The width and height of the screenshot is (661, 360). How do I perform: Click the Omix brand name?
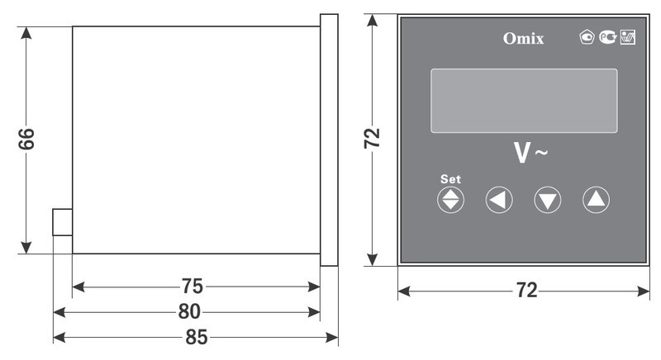pos(523,38)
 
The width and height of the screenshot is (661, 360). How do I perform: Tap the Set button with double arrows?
pos(450,200)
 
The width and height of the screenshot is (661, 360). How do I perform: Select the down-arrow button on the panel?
pos(548,200)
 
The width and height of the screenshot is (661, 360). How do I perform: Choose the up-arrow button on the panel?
pos(596,200)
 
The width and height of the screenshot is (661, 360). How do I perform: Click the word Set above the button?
pos(450,179)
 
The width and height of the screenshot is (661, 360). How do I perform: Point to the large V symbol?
pos(522,153)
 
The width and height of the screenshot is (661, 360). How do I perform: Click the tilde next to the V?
pos(542,152)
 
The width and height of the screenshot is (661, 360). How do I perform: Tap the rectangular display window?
pos(524,101)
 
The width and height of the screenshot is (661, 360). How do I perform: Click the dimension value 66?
pos(26,139)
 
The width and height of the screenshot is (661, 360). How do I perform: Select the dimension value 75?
pos(193,287)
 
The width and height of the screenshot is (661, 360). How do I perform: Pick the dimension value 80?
pos(189,311)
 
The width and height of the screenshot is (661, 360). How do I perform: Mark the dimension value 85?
pos(197,337)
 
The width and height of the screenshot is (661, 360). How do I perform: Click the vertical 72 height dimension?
pos(372,138)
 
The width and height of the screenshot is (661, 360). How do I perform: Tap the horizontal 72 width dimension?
pos(527,291)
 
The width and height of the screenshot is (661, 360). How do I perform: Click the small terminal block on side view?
pos(63,222)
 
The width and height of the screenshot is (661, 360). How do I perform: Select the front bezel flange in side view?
pos(329,140)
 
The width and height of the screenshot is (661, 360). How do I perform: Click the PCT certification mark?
pos(608,37)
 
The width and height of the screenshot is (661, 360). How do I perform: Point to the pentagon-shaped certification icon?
pos(587,37)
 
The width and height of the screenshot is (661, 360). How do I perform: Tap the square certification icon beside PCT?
pos(628,37)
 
